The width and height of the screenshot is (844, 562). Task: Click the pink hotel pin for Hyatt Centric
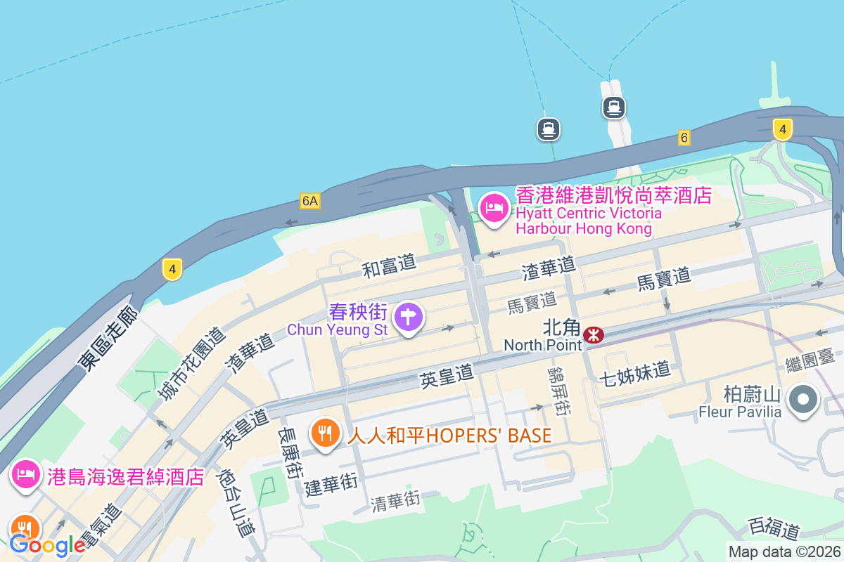(494, 208)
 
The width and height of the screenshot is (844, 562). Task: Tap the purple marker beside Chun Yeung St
(408, 316)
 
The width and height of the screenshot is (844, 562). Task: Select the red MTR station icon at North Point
(594, 335)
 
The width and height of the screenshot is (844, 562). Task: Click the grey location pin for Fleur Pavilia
(803, 400)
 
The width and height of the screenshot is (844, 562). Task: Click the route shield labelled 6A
(309, 201)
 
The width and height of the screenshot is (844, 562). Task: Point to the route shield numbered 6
(684, 138)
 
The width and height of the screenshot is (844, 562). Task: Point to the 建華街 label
(331, 485)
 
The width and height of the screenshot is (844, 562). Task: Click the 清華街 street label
(395, 501)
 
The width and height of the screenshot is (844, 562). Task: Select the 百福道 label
(774, 528)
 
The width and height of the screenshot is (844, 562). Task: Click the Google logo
(47, 544)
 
